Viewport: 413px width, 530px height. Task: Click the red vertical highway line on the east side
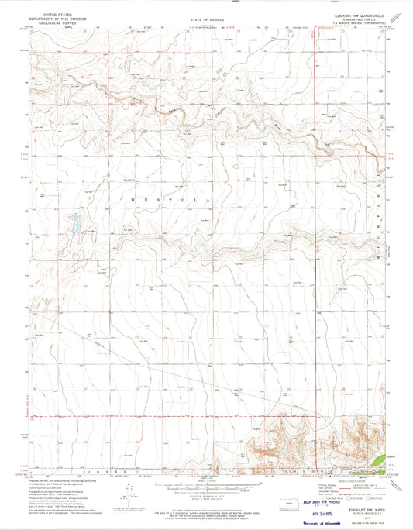click(315, 232)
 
